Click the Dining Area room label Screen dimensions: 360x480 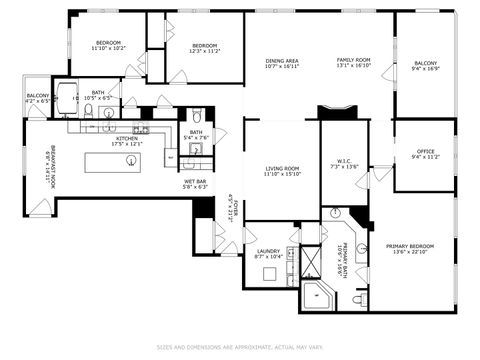tap(282, 63)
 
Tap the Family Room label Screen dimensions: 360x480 tap(352, 63)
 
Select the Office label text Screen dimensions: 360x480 tap(425, 154)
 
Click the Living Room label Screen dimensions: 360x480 tap(282, 171)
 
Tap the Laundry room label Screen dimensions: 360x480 tap(268, 255)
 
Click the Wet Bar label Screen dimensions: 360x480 tap(194, 184)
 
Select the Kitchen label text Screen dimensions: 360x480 tap(127, 141)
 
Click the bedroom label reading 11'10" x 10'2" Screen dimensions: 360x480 tap(107, 45)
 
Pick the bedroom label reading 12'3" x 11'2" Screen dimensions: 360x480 tap(205, 48)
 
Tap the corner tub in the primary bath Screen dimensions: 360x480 tap(316, 296)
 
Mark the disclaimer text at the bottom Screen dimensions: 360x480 tap(240, 347)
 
